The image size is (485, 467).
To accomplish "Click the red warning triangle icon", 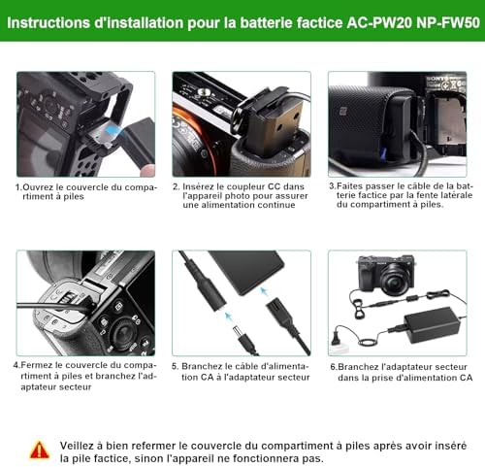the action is [40, 450].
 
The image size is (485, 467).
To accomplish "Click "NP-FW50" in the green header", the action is [448, 23].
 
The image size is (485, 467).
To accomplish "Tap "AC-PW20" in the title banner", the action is [379, 23].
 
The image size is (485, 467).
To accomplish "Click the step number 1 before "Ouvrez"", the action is [17, 187].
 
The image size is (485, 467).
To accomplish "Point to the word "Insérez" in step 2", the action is [198, 186].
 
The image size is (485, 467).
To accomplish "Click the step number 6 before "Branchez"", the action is [333, 367].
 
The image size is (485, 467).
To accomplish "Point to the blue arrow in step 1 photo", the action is [113, 130].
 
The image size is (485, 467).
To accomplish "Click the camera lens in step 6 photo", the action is [397, 276].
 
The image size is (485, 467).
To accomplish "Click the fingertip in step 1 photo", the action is [147, 171].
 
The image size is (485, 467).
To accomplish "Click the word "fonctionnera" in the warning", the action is [261, 458].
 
